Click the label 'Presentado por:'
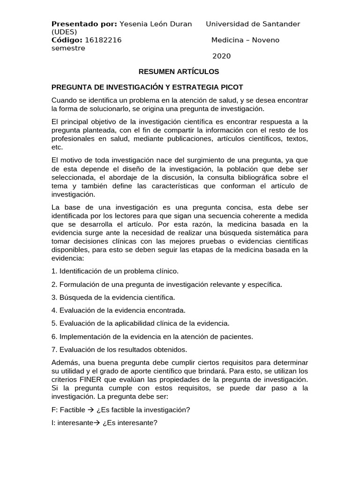pos(84,24)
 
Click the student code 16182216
pos(104,40)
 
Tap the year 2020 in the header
pos(222,56)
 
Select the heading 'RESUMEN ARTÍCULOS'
pos(179,72)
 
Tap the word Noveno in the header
pos(266,40)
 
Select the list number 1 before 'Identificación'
pos(54,271)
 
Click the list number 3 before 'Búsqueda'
pos(54,297)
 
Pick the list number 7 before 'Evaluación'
pos(54,349)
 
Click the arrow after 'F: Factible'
pos(91,410)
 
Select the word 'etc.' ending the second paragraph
pos(57,147)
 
